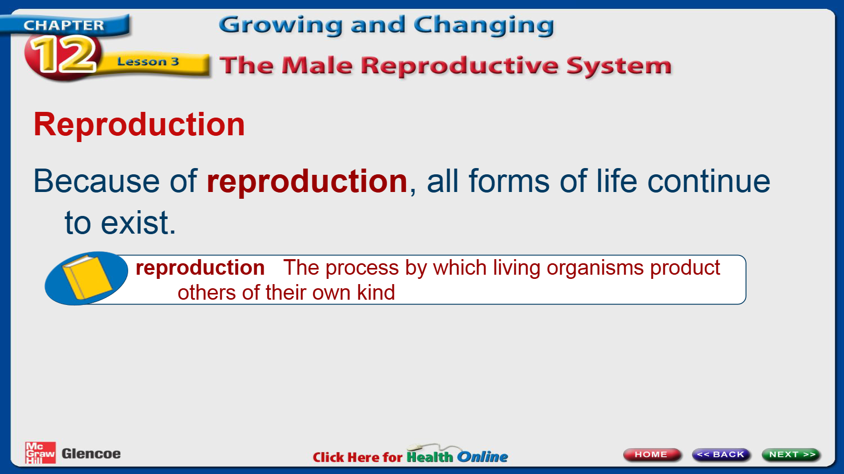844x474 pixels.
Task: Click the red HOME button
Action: point(651,454)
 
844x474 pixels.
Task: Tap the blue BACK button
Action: point(721,454)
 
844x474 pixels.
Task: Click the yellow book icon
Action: point(87,277)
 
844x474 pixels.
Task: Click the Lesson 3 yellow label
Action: point(148,61)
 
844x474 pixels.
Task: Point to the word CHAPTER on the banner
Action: point(64,25)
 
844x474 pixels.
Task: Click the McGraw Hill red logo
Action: point(40,453)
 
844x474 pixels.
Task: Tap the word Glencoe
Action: point(91,454)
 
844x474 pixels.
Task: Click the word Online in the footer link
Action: point(482,457)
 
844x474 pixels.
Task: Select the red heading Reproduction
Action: point(140,124)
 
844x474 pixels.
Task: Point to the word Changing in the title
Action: point(484,25)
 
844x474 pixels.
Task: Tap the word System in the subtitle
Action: point(619,67)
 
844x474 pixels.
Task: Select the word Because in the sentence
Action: point(96,181)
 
